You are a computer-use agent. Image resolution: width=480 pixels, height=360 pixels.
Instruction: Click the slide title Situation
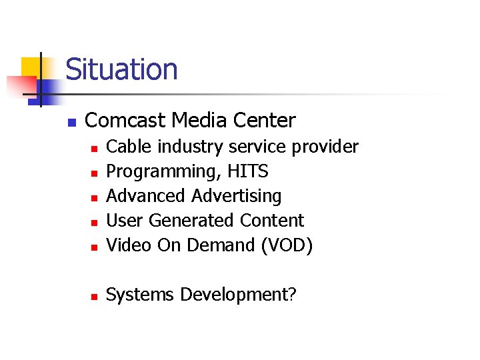coord(122,69)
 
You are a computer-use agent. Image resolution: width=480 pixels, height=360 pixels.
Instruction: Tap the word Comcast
coord(125,121)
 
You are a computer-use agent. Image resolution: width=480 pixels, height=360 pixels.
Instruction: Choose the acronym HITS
coord(247,171)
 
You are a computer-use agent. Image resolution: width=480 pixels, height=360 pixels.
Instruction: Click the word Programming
coord(164,172)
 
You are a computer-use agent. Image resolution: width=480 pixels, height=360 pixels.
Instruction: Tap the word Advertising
coord(237,196)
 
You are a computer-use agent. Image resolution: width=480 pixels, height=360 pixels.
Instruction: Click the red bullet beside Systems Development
coord(95,296)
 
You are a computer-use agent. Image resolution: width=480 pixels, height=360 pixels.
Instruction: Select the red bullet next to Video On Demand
coord(95,247)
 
